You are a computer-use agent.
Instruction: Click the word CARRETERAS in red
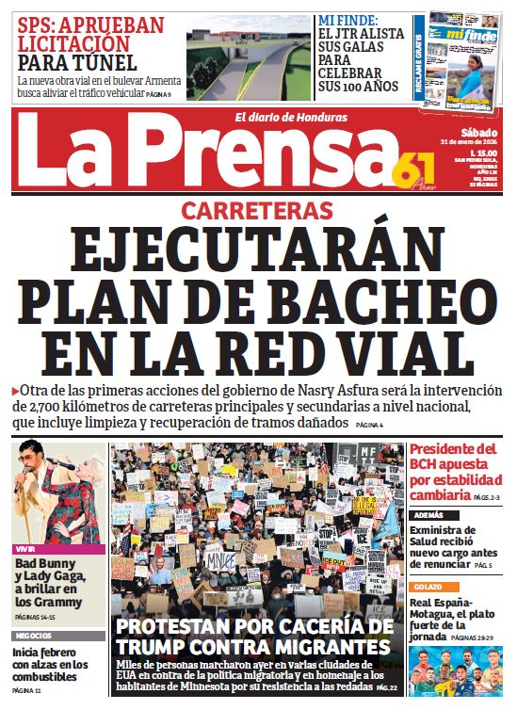pos(257,210)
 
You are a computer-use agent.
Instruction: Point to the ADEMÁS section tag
pos(428,516)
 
